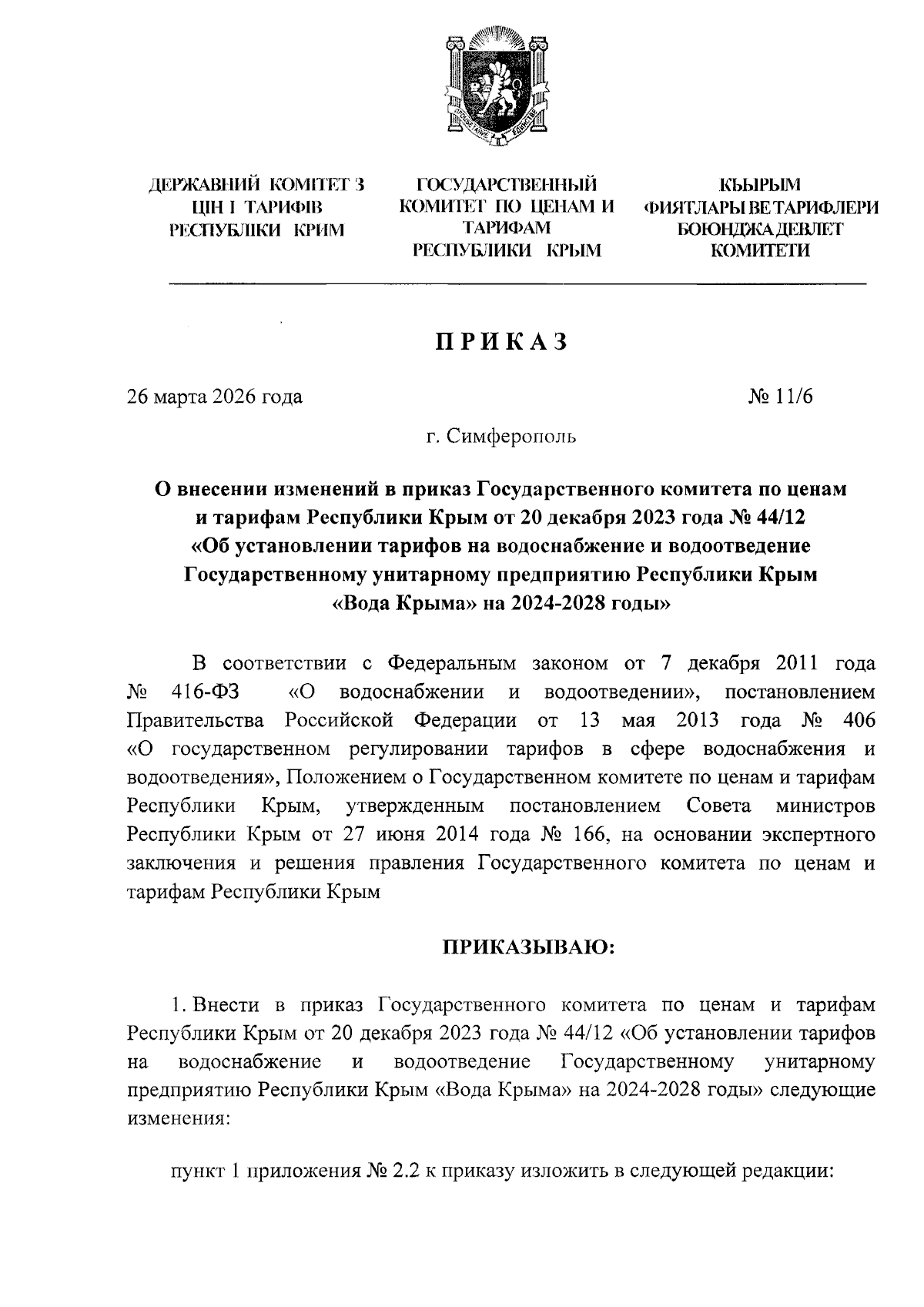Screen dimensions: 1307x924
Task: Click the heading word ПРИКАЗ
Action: tap(501, 341)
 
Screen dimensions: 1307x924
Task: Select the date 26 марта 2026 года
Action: tap(215, 397)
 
